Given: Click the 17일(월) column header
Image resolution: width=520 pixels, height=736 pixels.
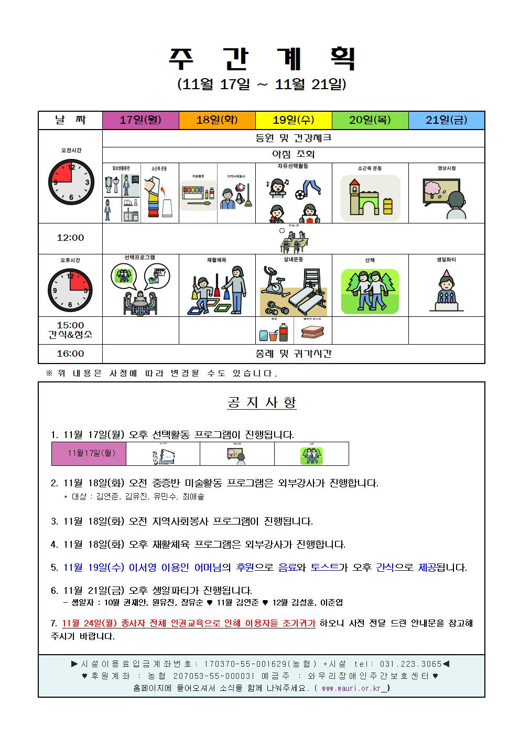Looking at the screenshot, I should pyautogui.click(x=140, y=120).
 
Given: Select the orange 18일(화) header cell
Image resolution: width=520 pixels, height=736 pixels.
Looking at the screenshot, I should pyautogui.click(x=217, y=120).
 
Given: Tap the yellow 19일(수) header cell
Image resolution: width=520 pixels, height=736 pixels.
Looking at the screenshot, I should pyautogui.click(x=294, y=120).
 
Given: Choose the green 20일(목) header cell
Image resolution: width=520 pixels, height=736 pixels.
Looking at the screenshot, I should pyautogui.click(x=370, y=120).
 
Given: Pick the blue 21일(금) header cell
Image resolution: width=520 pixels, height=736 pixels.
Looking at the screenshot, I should pyautogui.click(x=447, y=120).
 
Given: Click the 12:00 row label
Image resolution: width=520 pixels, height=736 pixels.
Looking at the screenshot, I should pyautogui.click(x=70, y=238).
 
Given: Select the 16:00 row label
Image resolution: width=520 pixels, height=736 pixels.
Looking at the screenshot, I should pyautogui.click(x=70, y=354).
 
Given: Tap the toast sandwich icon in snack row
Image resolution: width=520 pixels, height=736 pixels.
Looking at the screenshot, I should pyautogui.click(x=312, y=332).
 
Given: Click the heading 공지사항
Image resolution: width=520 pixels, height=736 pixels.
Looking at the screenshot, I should pyautogui.click(x=262, y=402).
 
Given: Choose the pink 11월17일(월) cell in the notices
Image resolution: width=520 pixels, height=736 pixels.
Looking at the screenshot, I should pyautogui.click(x=89, y=453).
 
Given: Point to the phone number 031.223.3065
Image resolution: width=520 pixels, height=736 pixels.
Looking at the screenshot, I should pyautogui.click(x=414, y=664).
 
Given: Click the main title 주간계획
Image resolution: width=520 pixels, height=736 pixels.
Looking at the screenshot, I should pyautogui.click(x=262, y=59).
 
